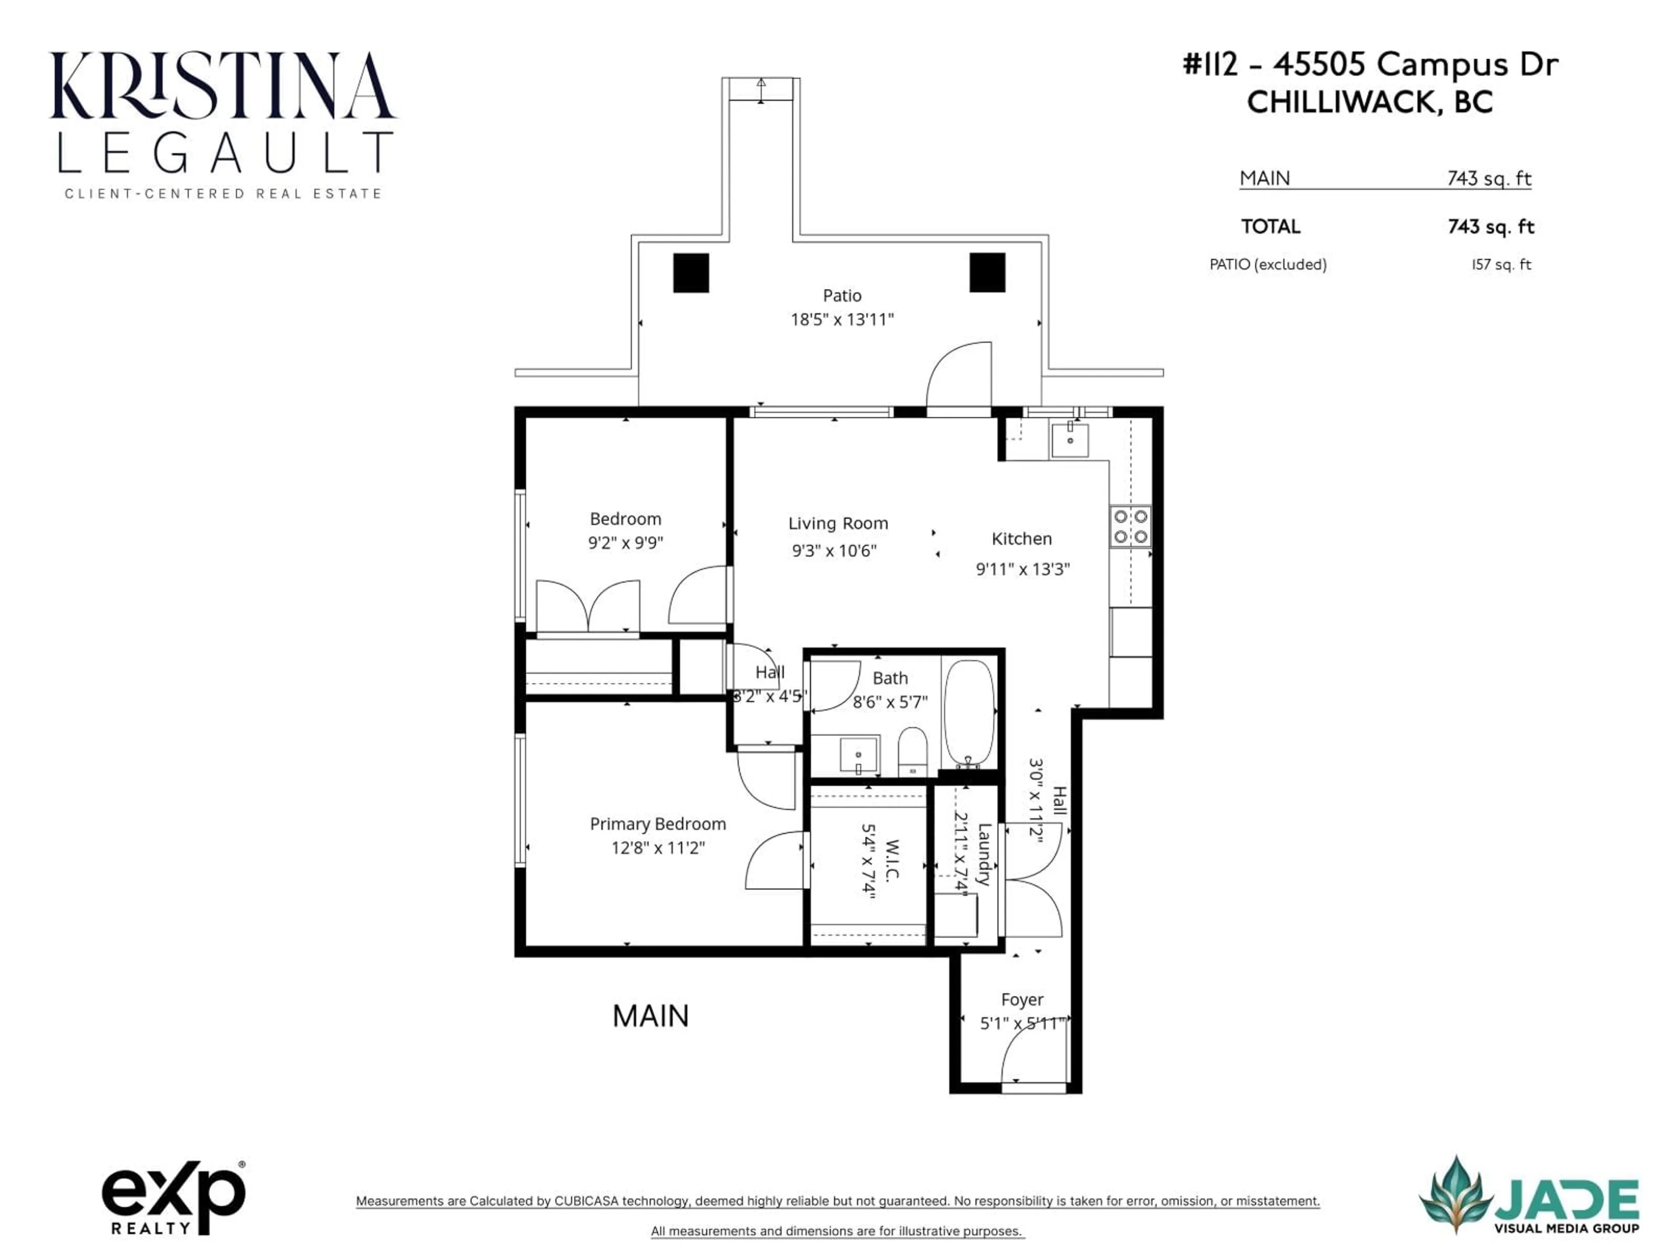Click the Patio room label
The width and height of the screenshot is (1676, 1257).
(x=842, y=295)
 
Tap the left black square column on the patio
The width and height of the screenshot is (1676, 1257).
(x=691, y=273)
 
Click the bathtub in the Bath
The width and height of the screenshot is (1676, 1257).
(x=969, y=713)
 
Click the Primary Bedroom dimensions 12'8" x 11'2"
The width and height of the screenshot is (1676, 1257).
(x=658, y=848)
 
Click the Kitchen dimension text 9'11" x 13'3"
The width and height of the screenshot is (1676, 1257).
(x=1022, y=569)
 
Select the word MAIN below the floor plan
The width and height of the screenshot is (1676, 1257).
(x=650, y=1016)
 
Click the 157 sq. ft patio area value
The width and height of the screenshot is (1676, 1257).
(x=1501, y=264)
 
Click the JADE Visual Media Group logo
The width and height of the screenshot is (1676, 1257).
(x=1529, y=1195)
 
